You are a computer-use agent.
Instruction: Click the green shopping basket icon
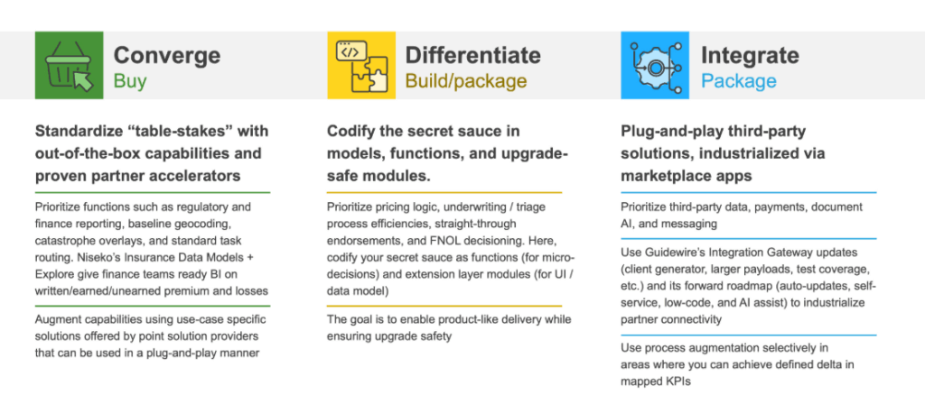click(69, 65)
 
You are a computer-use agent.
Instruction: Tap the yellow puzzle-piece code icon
click(361, 65)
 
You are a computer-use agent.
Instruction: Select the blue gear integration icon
click(655, 65)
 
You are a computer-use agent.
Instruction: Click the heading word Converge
click(167, 56)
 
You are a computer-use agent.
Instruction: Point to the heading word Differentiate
click(472, 55)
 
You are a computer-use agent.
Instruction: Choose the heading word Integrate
click(750, 56)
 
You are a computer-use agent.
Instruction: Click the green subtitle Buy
click(130, 80)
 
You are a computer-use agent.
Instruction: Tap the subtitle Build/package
click(465, 80)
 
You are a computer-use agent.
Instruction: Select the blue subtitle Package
click(739, 80)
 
